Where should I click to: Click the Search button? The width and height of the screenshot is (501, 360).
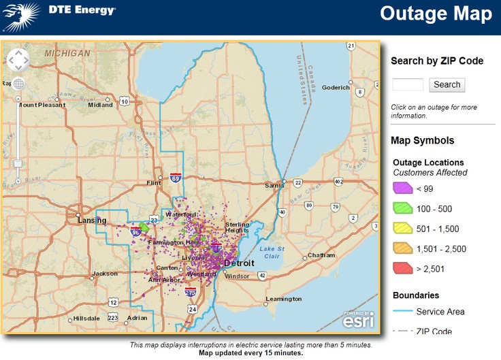(x=447, y=84)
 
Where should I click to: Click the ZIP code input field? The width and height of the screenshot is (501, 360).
(x=408, y=84)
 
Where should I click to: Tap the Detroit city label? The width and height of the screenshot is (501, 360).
(x=238, y=263)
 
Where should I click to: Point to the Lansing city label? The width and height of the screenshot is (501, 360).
(x=92, y=220)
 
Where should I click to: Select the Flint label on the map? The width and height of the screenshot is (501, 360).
(x=154, y=183)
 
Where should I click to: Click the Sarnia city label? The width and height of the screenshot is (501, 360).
(x=274, y=184)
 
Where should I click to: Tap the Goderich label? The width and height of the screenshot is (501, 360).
(x=336, y=87)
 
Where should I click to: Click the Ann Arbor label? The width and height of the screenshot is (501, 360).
(x=163, y=280)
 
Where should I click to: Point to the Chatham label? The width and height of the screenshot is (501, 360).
(x=321, y=256)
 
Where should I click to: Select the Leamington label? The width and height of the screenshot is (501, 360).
(x=283, y=299)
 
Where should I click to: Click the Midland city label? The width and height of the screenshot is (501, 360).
(x=100, y=105)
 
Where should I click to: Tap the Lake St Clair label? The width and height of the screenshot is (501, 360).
(x=272, y=252)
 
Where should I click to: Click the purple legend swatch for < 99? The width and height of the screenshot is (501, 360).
(x=404, y=189)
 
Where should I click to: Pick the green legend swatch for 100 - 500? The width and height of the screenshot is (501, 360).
(x=404, y=208)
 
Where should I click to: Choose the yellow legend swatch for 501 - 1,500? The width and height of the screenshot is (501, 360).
(x=404, y=229)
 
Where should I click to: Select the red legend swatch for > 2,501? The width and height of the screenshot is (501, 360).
(x=404, y=268)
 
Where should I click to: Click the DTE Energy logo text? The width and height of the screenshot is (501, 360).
(x=82, y=11)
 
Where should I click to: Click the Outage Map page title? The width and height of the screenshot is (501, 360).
(x=436, y=14)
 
